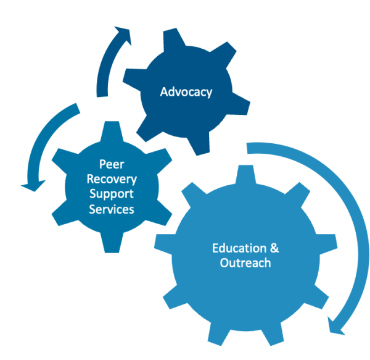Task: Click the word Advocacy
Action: point(186,92)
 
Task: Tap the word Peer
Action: point(112,165)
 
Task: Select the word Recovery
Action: point(112,180)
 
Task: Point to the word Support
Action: point(112,195)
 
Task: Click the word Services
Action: point(112,209)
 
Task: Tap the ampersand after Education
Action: point(274,248)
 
